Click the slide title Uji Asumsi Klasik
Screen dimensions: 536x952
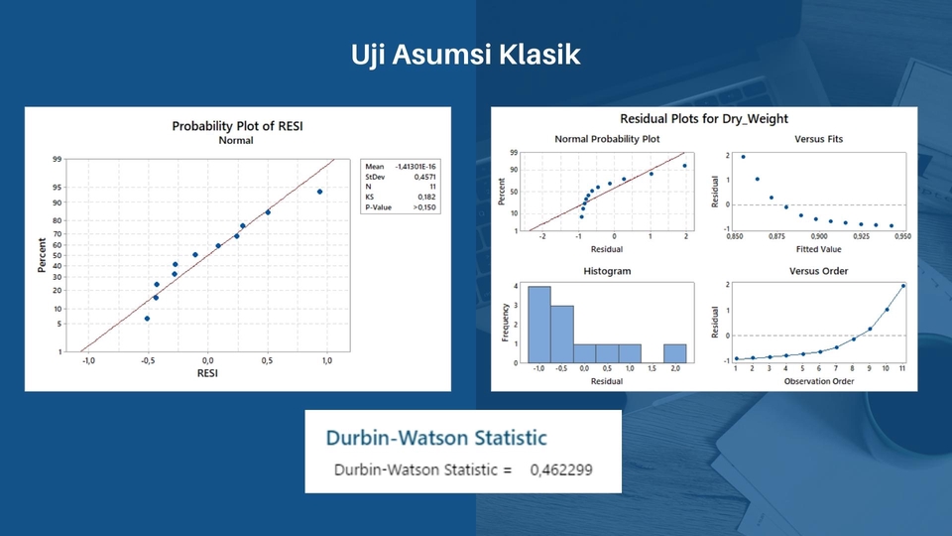click(x=465, y=55)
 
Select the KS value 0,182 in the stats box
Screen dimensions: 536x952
click(x=424, y=198)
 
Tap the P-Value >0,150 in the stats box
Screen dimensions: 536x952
click(x=422, y=207)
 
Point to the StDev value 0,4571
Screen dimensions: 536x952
click(x=423, y=177)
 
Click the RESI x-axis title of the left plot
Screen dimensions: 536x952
click(x=207, y=373)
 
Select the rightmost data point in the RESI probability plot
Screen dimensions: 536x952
click(x=319, y=192)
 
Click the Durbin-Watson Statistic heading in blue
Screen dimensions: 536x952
click(x=436, y=437)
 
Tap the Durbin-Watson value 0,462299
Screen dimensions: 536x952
click(x=560, y=469)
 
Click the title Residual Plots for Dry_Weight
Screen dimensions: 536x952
click(x=704, y=119)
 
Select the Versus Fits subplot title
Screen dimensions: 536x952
click(x=819, y=140)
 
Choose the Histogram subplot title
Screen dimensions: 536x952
click(x=606, y=271)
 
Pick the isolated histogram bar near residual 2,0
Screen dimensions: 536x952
click(x=674, y=353)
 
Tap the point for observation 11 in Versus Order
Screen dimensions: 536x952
click(x=903, y=286)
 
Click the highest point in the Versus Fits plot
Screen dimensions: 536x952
click(x=743, y=157)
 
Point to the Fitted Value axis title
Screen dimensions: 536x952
click(x=819, y=250)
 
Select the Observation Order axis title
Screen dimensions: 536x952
click(x=819, y=381)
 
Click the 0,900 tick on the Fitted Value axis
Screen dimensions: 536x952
click(x=819, y=237)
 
